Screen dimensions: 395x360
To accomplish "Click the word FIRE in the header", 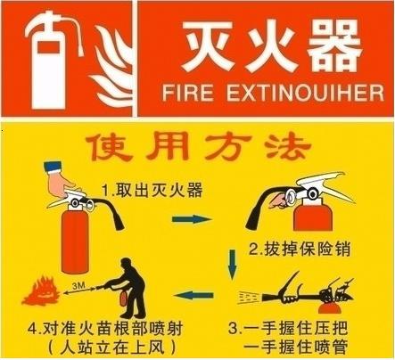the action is (x=188, y=93).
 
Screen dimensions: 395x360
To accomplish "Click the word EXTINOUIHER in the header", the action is (x=305, y=93).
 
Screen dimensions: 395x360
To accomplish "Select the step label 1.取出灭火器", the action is (x=152, y=190).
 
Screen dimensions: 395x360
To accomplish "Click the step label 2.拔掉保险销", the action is (x=300, y=249).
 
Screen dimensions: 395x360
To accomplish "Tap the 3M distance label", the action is (x=79, y=286).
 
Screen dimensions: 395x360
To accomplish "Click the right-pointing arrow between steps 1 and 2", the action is (x=192, y=219).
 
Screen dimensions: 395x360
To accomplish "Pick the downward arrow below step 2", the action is (x=232, y=265).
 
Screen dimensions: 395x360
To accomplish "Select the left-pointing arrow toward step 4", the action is (x=193, y=295).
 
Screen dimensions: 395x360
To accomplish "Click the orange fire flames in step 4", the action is (x=41, y=291).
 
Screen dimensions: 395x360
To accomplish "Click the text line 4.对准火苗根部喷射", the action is (x=105, y=329).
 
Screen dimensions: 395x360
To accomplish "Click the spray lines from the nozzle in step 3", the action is (x=249, y=298).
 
